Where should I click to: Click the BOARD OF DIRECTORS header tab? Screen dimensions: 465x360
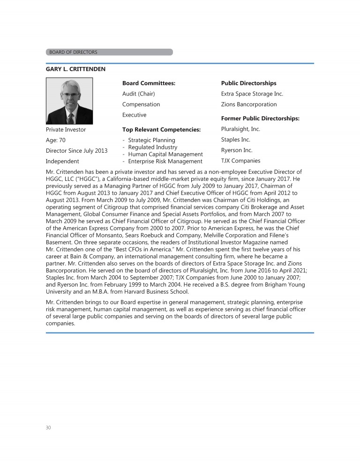pyautogui.click(x=109, y=52)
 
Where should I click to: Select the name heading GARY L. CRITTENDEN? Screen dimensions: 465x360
pyautogui.click(x=75, y=69)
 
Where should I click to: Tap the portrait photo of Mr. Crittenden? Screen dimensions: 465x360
pyautogui.click(x=69, y=101)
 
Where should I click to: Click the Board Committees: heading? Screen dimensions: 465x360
pyautogui.click(x=149, y=83)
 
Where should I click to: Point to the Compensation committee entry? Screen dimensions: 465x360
pyautogui.click(x=141, y=104)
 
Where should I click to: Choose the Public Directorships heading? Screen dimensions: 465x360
pyautogui.click(x=248, y=83)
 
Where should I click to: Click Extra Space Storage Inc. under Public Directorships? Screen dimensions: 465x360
pyautogui.click(x=252, y=94)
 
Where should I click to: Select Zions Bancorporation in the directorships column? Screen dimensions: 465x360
pyautogui.click(x=249, y=104)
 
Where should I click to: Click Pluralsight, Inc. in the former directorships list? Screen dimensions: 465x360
pyautogui.click(x=240, y=129)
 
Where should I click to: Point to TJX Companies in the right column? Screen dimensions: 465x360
pyautogui.click(x=240, y=161)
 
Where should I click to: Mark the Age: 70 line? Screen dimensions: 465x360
pyautogui.click(x=55, y=140)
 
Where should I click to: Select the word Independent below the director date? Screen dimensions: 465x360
pyautogui.click(x=62, y=162)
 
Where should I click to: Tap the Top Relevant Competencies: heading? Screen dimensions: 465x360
pyautogui.click(x=161, y=129)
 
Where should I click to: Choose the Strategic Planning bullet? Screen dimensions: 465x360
pyautogui.click(x=151, y=140)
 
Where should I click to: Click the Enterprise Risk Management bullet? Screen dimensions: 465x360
pyautogui.click(x=165, y=162)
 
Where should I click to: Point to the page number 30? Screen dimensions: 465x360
pyautogui.click(x=48, y=428)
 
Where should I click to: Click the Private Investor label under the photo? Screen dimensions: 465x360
pyautogui.click(x=66, y=129)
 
